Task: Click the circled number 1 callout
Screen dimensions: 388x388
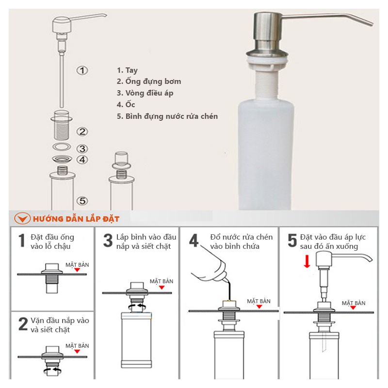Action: coord(82,70)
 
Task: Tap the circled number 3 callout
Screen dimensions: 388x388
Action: coord(82,149)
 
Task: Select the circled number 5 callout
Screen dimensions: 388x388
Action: coord(82,201)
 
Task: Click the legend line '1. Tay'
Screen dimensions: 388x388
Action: coord(127,70)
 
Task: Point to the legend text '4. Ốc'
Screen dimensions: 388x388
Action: coord(126,104)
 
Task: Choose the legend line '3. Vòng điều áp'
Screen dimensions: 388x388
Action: coord(145,93)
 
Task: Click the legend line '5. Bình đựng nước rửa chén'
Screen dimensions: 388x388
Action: coord(167,116)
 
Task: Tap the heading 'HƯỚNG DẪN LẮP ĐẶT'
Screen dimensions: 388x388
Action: coord(76,219)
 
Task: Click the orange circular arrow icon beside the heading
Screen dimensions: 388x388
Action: coord(22,219)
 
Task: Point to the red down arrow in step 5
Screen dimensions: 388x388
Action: coord(307,262)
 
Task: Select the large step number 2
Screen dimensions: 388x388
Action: coord(23,324)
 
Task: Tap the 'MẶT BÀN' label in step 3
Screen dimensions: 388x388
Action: coord(162,281)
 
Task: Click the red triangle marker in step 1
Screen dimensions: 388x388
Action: coord(77,270)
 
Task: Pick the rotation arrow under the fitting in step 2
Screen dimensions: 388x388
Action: coord(52,371)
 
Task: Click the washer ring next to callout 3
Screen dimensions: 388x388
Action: coord(62,147)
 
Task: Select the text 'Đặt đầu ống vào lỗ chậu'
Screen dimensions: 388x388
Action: coord(52,242)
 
